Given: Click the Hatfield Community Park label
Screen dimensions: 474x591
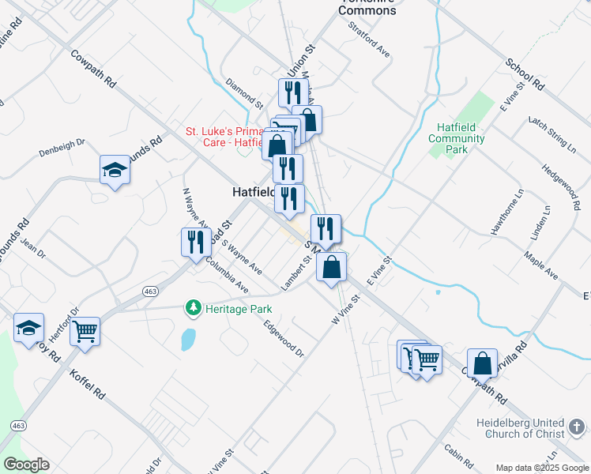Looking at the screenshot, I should pos(457,138).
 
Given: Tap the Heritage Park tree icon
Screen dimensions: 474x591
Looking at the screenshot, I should pos(191,307).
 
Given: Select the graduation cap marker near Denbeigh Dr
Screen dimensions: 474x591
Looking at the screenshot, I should pos(115,169).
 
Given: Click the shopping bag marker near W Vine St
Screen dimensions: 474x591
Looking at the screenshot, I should pos(332,267).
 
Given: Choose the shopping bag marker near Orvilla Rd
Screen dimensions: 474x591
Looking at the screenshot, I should pos(482,363).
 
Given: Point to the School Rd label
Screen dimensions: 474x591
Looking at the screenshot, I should pos(525,73).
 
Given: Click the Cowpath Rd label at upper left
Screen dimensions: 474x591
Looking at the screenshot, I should pos(93,70).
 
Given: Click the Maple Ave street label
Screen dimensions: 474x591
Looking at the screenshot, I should pos(541,266).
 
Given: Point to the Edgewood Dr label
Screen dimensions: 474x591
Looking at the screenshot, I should pos(284,337).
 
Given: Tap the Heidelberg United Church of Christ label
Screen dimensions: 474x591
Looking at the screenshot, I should pos(520,427).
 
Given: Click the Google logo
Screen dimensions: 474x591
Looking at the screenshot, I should pos(26,465).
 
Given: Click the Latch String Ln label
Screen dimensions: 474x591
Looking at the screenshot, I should pos(552,134).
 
